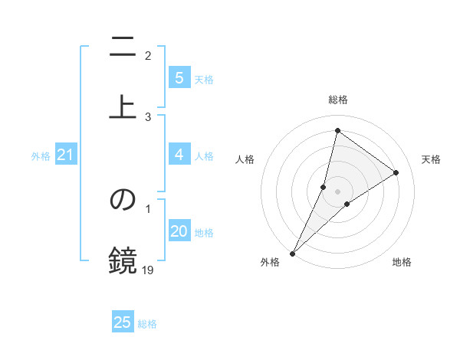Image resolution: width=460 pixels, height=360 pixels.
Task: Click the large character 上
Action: click(123, 105)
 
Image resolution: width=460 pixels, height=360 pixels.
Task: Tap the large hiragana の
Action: click(123, 201)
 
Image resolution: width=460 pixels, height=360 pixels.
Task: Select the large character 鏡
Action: click(123, 260)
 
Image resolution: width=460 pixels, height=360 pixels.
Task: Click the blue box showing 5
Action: click(179, 78)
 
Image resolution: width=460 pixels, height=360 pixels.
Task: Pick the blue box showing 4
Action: click(179, 155)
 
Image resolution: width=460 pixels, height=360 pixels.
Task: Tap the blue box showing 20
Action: click(179, 232)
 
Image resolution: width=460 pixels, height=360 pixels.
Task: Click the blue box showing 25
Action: click(123, 322)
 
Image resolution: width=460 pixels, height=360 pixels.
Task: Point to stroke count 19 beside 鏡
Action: click(148, 270)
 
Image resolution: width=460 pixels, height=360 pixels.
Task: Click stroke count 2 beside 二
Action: click(148, 55)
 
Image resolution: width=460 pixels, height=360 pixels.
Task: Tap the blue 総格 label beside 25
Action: click(147, 324)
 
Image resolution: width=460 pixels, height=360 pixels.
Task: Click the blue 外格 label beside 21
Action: click(41, 156)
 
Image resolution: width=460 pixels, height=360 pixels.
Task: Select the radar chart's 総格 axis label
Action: click(337, 100)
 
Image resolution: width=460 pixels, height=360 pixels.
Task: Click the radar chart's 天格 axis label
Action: click(432, 159)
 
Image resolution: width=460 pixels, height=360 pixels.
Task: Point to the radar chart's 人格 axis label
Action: click(245, 159)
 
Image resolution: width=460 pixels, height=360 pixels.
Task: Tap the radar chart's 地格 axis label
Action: click(402, 262)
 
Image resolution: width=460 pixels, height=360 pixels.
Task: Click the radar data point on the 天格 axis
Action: click(396, 172)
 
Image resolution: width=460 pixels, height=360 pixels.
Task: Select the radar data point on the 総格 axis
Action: click(337, 130)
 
